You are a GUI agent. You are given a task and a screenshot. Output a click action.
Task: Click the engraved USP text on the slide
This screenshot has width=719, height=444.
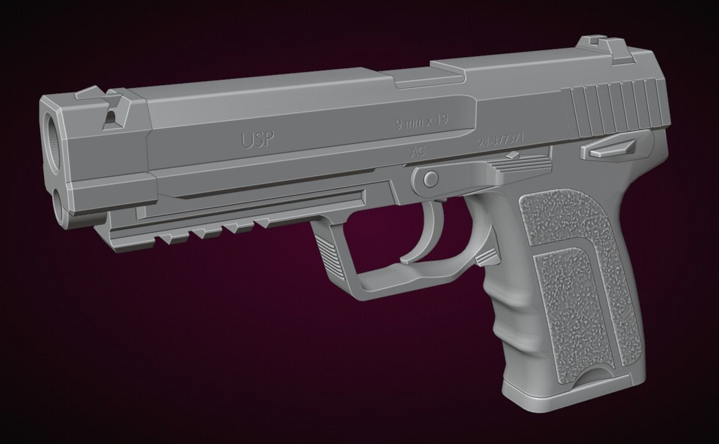pyautogui.click(x=257, y=140)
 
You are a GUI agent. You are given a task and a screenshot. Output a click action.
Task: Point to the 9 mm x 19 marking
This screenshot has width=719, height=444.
pyautogui.click(x=421, y=122)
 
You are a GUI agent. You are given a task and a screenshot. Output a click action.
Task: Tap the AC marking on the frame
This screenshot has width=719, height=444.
pyautogui.click(x=418, y=152)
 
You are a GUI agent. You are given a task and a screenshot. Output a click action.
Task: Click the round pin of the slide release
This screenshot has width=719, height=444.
pyautogui.click(x=431, y=178)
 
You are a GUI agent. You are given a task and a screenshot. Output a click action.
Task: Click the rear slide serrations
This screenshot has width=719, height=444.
pyautogui.click(x=614, y=110)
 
